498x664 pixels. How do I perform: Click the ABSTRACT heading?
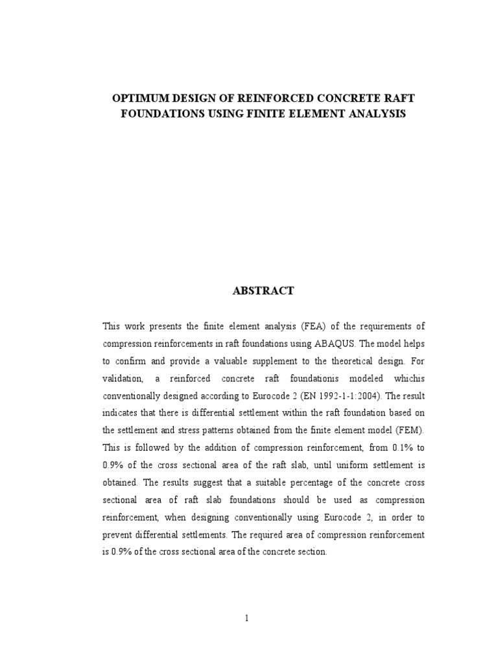click(x=263, y=291)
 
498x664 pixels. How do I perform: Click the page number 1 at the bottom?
click(x=247, y=618)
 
